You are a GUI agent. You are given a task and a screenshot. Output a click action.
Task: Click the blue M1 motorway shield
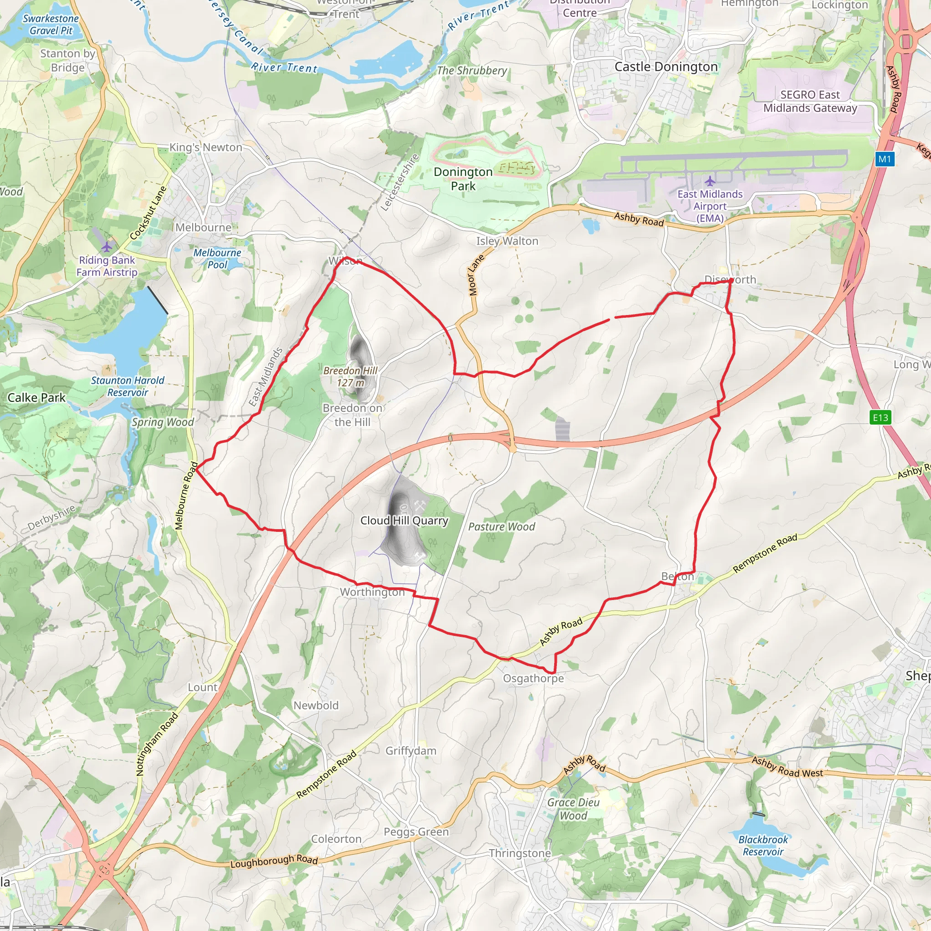pos(885,159)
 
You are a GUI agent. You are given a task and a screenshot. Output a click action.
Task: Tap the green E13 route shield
pos(881,417)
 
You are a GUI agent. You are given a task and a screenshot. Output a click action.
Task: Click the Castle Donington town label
pos(666,67)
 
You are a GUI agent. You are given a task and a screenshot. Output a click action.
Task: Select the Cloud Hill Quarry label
pos(404,521)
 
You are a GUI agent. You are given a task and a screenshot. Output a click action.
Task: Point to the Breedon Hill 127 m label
pos(350,376)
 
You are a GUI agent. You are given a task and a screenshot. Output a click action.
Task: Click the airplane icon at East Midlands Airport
pos(710,181)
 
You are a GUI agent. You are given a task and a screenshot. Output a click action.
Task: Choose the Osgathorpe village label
pos(533,679)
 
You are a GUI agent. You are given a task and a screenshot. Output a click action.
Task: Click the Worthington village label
pos(372,592)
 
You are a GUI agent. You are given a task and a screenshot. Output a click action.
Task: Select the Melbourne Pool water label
pos(217,259)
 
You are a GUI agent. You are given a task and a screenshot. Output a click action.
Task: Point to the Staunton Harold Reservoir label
pos(128,386)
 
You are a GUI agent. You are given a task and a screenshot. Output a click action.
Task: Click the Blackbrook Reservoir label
pos(763,846)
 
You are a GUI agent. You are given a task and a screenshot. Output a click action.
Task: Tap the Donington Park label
pos(463,179)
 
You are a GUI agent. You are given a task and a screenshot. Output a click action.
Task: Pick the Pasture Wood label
pos(502,527)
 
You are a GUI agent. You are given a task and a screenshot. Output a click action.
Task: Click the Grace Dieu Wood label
pos(573,809)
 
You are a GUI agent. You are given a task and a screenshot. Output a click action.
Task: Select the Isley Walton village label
pos(507,241)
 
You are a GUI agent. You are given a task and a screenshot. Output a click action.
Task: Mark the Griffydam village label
pos(411,751)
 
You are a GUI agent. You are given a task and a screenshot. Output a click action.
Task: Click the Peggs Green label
pos(416,832)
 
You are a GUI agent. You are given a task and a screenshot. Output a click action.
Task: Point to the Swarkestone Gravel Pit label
pos(50,25)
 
